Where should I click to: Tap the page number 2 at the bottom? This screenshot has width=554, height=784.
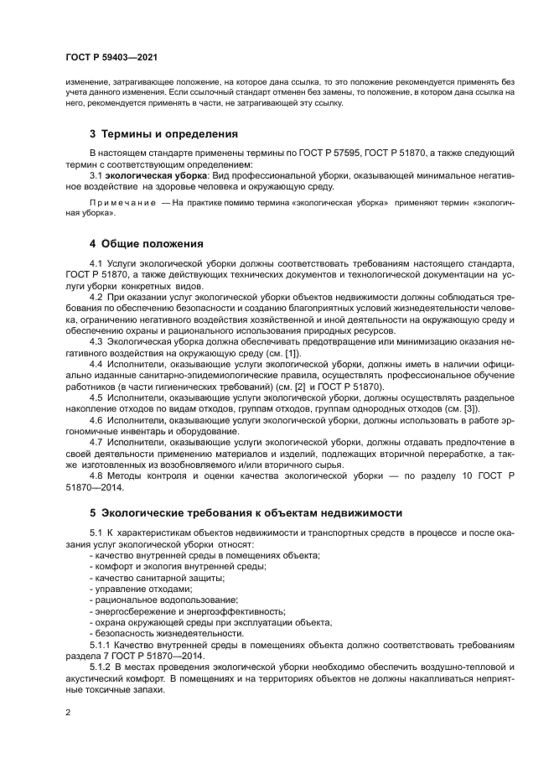(x=69, y=712)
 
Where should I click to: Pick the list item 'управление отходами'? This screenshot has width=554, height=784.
(x=138, y=589)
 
